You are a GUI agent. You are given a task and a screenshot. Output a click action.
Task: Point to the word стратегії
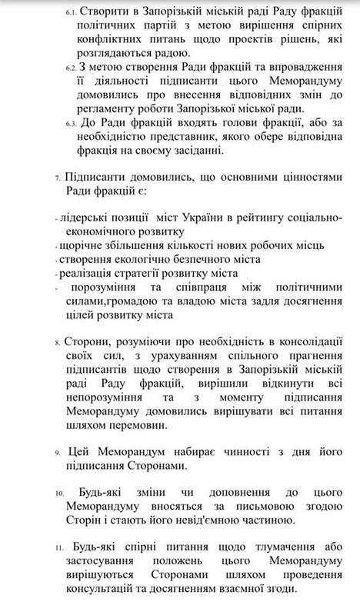click(154, 274)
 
